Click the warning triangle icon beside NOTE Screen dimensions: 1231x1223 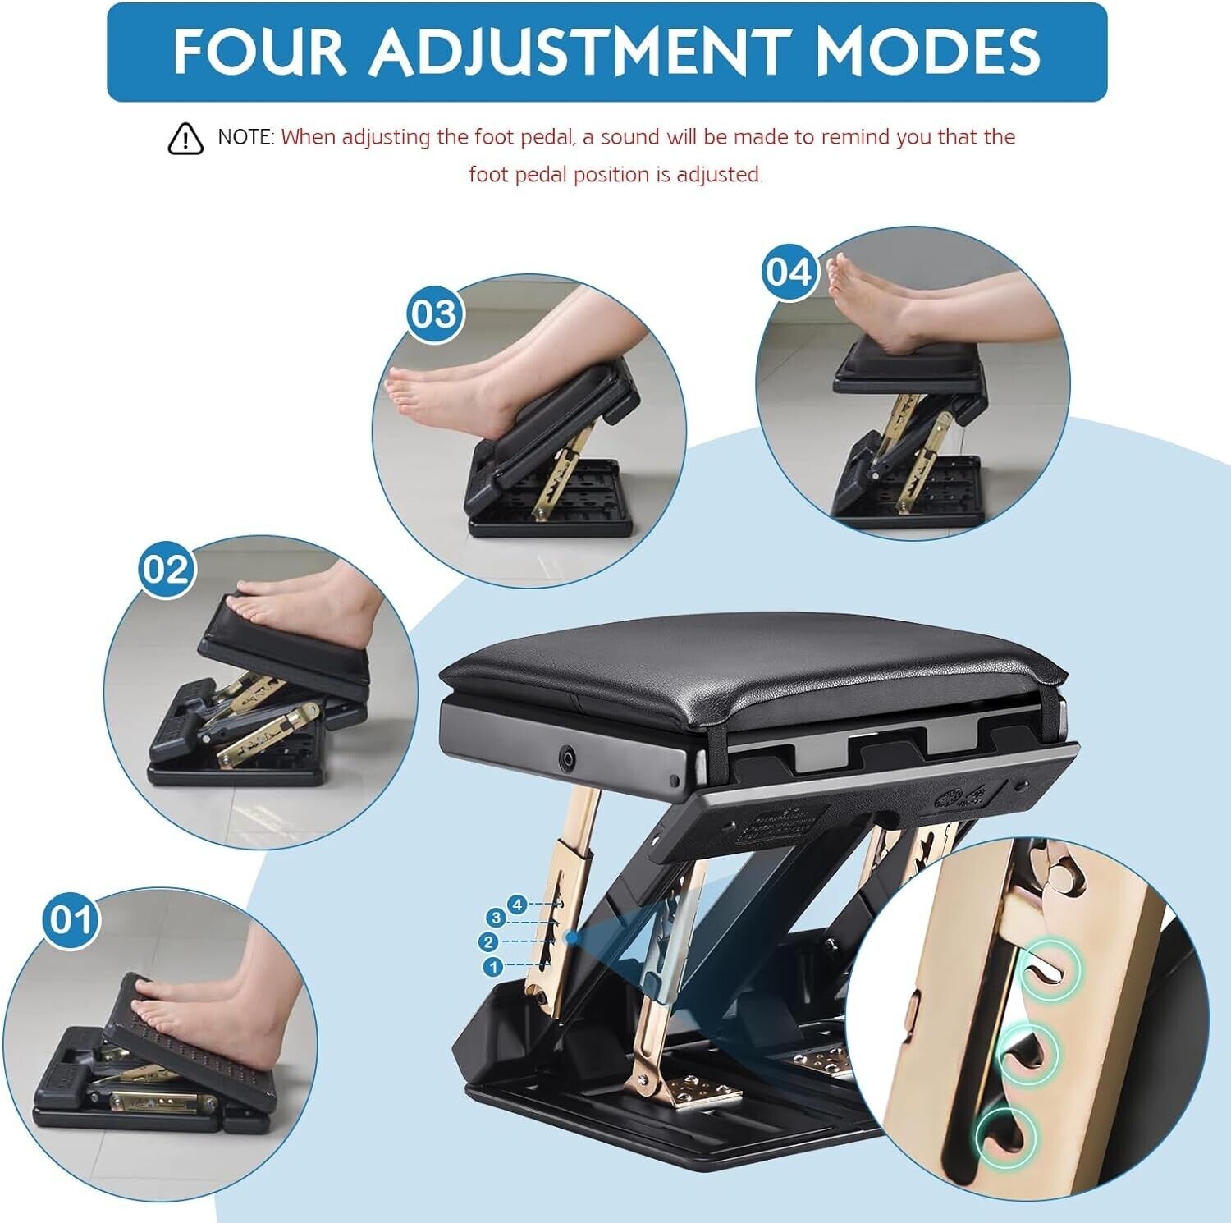[x=185, y=139]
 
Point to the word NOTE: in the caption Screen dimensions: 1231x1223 [x=245, y=137]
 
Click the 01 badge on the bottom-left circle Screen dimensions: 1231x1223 [x=71, y=920]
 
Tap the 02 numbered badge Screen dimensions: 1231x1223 [x=167, y=569]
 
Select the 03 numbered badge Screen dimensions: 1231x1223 [x=433, y=314]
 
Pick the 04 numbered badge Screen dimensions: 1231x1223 [x=789, y=272]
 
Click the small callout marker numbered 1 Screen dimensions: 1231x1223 [x=494, y=967]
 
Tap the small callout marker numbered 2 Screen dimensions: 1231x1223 [x=490, y=941]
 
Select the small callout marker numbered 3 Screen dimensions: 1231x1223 [x=495, y=917]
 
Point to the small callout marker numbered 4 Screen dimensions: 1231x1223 [x=517, y=905]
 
